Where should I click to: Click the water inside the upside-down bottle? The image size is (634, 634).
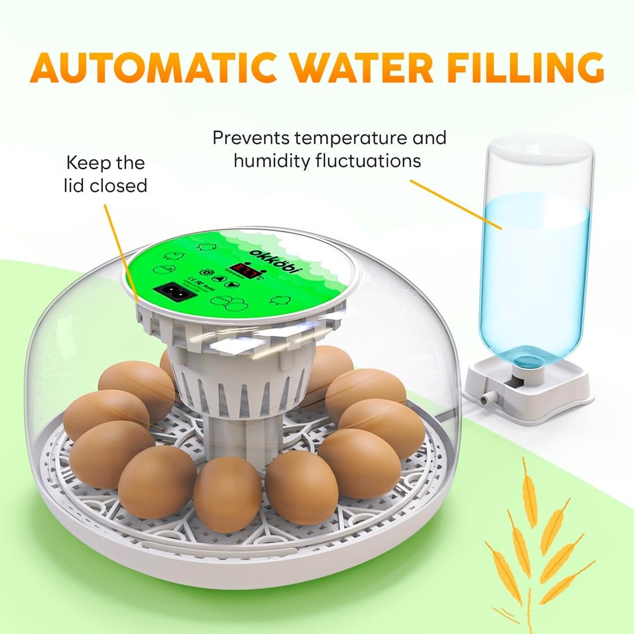[x=536, y=266]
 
